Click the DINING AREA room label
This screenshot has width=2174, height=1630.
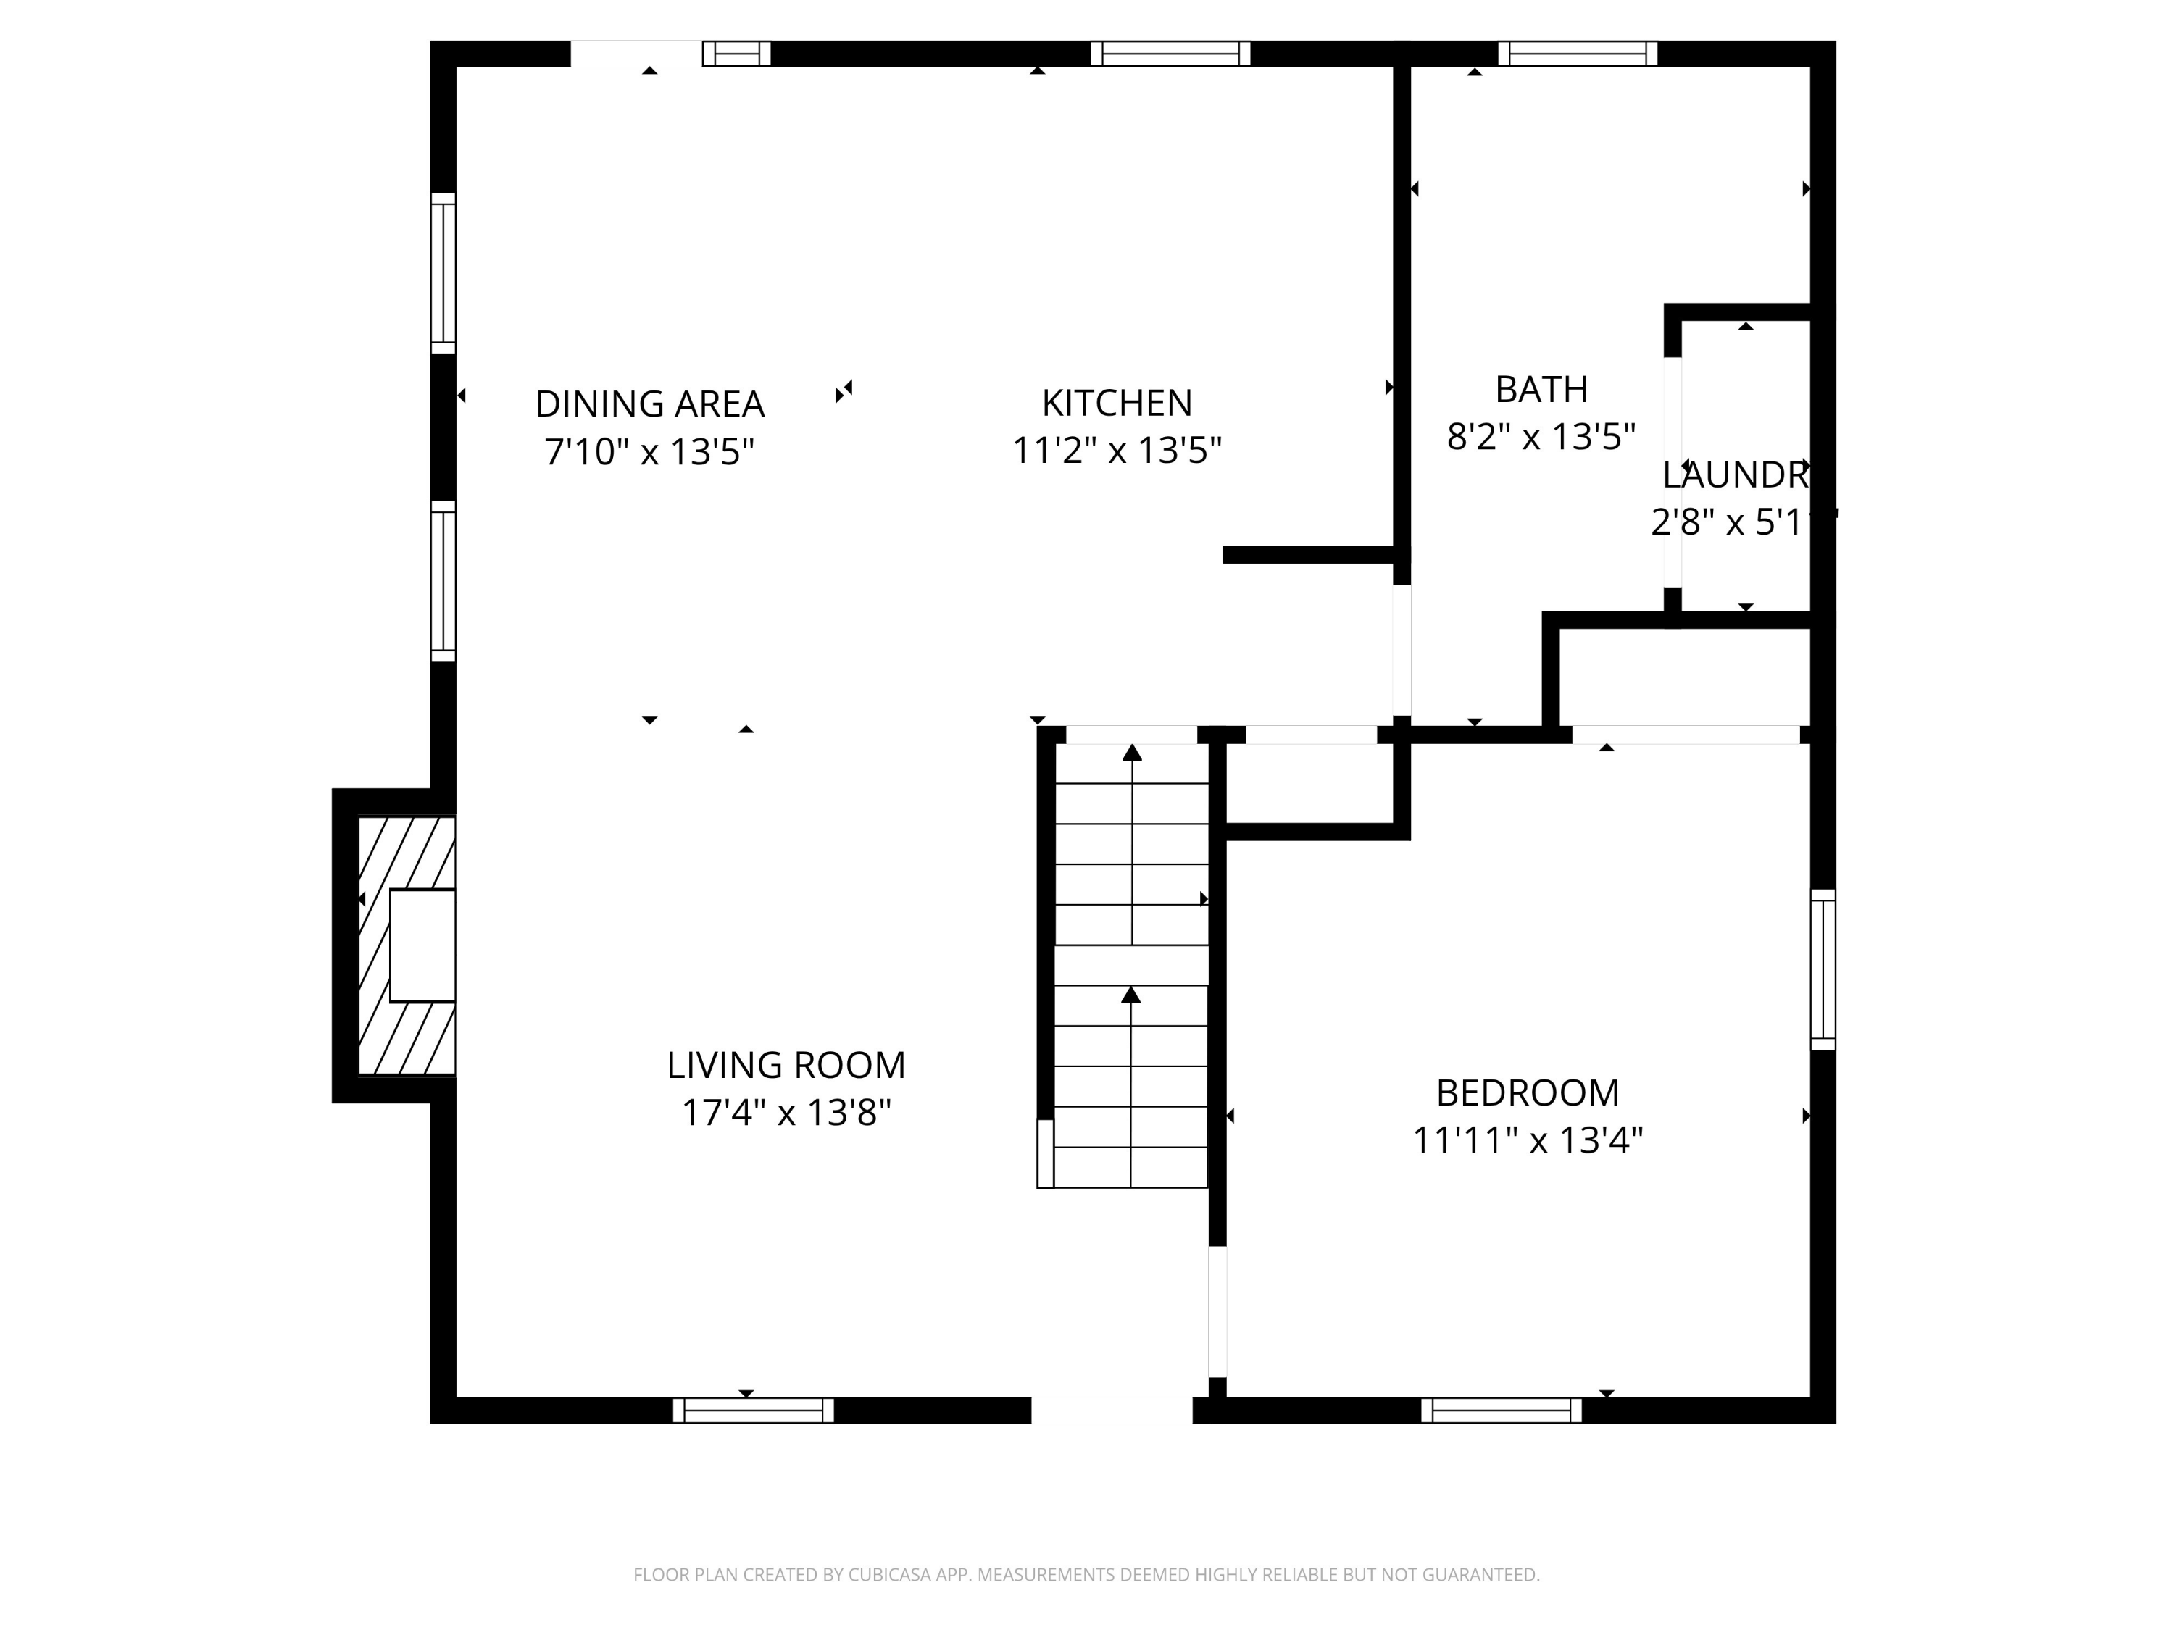point(649,404)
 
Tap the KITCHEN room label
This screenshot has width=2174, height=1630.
point(1117,403)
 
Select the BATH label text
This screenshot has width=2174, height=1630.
point(1541,389)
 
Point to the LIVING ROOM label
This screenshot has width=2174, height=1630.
point(786,1065)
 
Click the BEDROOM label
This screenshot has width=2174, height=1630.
point(1528,1092)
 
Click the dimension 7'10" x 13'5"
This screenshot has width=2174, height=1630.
point(649,452)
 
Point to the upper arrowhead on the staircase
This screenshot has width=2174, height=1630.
point(1132,753)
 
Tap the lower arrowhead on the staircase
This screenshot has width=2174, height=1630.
point(1131,995)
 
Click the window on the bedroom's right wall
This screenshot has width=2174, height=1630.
point(1823,969)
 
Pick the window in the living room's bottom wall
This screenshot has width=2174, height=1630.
point(754,1410)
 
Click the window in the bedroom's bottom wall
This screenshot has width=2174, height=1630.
point(1502,1410)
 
